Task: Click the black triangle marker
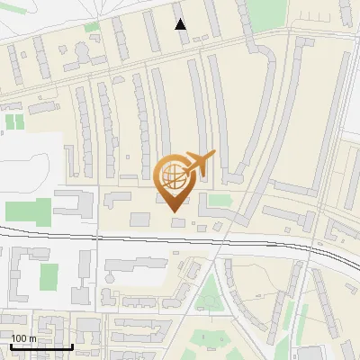click(181, 24)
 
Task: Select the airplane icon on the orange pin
click(200, 161)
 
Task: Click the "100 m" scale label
click(23, 338)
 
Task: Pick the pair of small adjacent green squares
click(14, 121)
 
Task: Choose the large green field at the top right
click(265, 13)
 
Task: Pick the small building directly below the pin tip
click(178, 221)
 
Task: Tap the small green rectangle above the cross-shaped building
click(92, 28)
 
